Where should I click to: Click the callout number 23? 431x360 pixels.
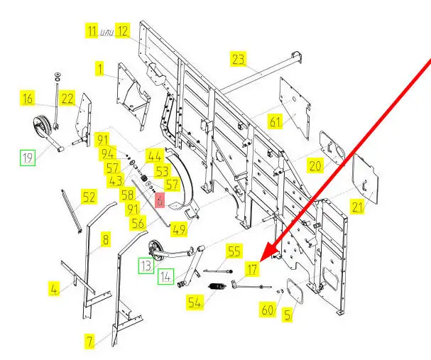[239, 58]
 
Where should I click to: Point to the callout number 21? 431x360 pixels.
[356, 207]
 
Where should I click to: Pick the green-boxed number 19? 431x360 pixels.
[27, 158]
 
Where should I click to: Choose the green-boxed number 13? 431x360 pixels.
[145, 266]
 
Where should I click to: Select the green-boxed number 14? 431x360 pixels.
[165, 276]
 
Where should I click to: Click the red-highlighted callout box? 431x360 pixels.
[160, 201]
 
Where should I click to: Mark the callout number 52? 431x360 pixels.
[89, 198]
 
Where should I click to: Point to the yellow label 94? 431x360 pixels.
[108, 153]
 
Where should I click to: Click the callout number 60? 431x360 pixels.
[268, 310]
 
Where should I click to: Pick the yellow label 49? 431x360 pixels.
[179, 229]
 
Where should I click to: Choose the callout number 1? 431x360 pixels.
[101, 69]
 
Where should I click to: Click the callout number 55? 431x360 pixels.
[234, 251]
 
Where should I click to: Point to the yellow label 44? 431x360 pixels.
[154, 156]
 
